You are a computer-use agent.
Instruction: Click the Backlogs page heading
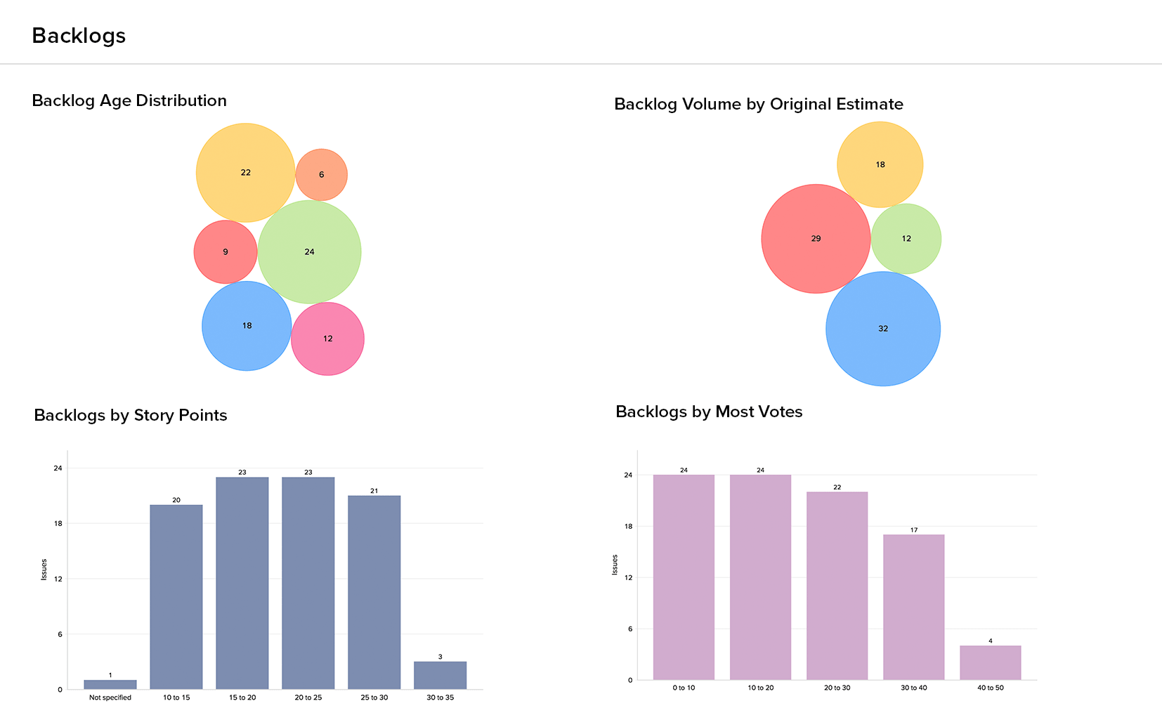point(79,36)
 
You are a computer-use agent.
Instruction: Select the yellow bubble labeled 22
point(245,173)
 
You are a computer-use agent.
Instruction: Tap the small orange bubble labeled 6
point(321,175)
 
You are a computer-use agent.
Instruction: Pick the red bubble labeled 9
point(226,252)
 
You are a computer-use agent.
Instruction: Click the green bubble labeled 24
point(310,252)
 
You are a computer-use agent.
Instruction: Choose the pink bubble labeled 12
point(327,339)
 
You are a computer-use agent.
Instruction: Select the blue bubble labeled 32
point(883,329)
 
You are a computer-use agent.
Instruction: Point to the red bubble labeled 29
point(816,239)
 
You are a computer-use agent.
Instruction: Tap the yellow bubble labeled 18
point(880,165)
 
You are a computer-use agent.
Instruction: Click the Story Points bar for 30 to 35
point(440,676)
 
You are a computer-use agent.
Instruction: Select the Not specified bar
point(110,685)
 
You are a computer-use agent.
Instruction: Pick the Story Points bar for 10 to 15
point(176,597)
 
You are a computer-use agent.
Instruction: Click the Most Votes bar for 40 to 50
point(991,662)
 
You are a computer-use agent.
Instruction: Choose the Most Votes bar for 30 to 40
point(913,607)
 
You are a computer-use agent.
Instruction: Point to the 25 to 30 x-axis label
point(374,697)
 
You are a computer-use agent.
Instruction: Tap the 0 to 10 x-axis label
point(684,688)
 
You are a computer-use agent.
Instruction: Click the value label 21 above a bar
point(374,491)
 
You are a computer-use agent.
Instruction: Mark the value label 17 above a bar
point(913,530)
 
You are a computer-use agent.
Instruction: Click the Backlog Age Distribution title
point(129,100)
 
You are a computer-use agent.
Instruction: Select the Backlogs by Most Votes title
point(709,412)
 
